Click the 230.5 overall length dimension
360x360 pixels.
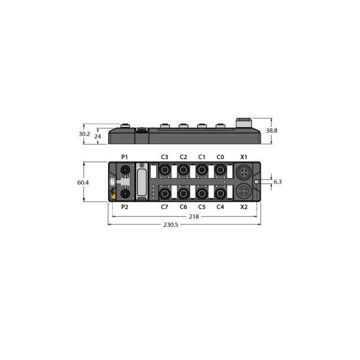(x=170, y=224)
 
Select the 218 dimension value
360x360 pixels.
(x=194, y=217)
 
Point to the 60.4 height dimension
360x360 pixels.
(x=83, y=182)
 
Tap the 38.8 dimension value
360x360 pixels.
(x=272, y=131)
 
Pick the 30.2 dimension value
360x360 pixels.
(x=84, y=134)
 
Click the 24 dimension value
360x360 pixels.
(x=98, y=136)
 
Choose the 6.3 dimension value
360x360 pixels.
(x=278, y=182)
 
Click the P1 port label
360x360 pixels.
(x=124, y=157)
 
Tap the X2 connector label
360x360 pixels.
(x=244, y=207)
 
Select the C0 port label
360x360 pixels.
(x=220, y=157)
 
